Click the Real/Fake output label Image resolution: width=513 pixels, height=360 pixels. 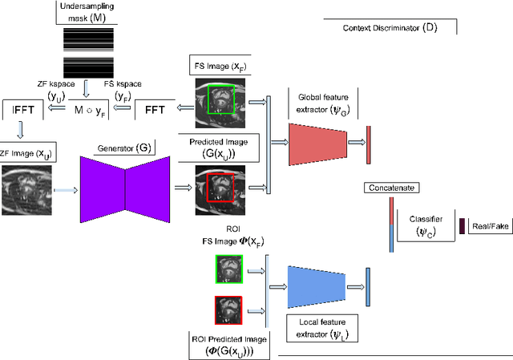pyautogui.click(x=490, y=227)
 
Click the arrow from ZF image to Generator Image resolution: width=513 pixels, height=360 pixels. pyautogui.click(x=67, y=190)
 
